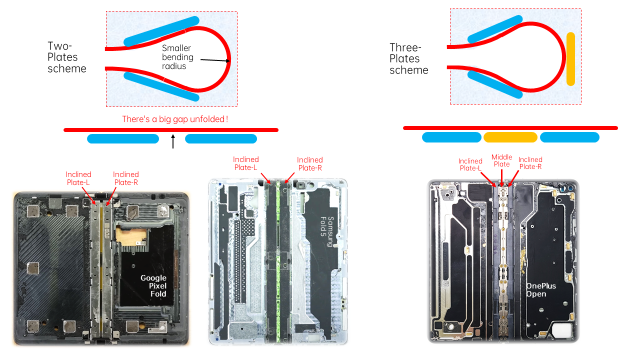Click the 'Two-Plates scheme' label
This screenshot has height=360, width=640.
pos(67,57)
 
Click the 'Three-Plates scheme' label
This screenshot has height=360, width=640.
pos(409,58)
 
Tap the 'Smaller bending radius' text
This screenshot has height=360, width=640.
pos(177,57)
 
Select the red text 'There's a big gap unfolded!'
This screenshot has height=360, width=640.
pos(175,119)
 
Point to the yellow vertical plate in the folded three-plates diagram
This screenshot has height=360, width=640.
pos(570,59)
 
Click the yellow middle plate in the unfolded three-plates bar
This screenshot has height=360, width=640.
pos(510,137)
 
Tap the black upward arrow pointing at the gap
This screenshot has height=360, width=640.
pos(173,141)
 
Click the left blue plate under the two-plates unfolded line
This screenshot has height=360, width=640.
pos(123,138)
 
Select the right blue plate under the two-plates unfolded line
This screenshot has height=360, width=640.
pos(221,138)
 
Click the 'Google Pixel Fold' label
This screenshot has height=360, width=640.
pos(153,285)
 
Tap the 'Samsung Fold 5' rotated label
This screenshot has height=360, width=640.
pos(327,231)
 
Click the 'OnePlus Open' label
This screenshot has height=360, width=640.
pos(541,289)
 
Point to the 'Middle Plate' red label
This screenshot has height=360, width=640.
pos(501,160)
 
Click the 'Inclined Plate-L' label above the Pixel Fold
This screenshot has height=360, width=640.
pos(78,178)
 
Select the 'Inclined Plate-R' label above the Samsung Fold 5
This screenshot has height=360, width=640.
pos(310,163)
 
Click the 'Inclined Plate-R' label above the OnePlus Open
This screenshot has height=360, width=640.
pos(530,163)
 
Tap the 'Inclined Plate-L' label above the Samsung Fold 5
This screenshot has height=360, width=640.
pos(245,163)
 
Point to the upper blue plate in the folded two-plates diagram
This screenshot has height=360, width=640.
pos(161,31)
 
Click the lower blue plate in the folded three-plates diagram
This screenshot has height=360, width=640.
pos(495,84)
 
